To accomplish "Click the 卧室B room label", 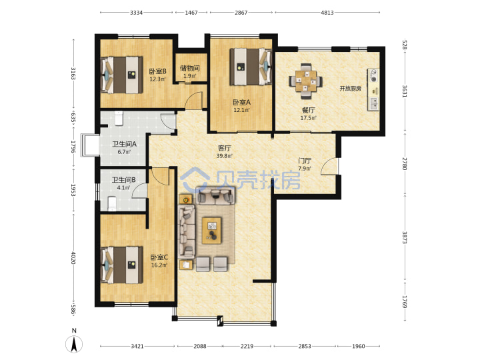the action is tap(157, 71).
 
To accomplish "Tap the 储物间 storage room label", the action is tap(190, 68).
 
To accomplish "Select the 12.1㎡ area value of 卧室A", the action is tap(242, 110).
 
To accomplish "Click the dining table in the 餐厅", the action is tap(305, 81).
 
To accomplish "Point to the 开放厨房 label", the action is tap(350, 89).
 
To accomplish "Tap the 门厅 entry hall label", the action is tap(305, 161).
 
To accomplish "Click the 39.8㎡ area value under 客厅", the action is tap(225, 156).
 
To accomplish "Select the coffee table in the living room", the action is tap(211, 231).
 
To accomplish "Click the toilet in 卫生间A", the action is tap(119, 119).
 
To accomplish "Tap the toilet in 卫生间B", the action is tap(113, 204).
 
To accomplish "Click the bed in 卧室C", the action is tap(122, 265).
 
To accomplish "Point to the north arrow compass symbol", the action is tap(74, 343).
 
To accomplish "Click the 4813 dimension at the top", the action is tap(327, 13).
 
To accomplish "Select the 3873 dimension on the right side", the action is tap(405, 237).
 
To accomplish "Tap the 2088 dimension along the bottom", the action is tap(200, 346).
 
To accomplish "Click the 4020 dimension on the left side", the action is tap(73, 258).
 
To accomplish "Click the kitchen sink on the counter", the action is tap(373, 103).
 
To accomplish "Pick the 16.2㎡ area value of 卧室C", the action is tap(159, 265).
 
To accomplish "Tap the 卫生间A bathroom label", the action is tap(124, 144).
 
